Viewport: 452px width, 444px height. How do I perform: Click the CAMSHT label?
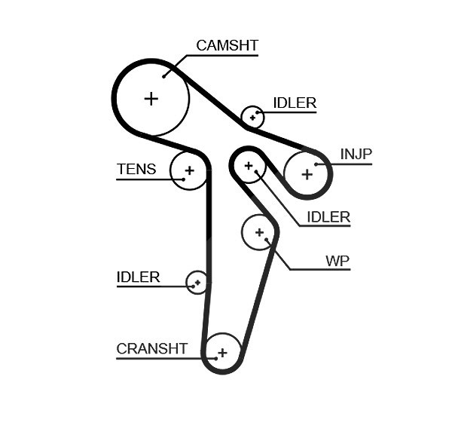point(228,45)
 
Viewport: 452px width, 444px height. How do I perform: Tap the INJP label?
point(356,154)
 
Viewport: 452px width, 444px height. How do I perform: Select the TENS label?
point(136,169)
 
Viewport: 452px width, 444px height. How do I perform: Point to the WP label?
point(337,261)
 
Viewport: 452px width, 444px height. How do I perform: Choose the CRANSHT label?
point(152,349)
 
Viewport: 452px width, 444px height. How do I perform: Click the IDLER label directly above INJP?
point(295,103)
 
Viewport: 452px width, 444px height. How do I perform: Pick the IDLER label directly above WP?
point(328,217)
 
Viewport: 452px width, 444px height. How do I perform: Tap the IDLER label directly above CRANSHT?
point(138,277)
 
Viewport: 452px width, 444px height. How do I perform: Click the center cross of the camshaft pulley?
point(151,99)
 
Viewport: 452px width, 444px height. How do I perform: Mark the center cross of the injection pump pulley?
point(307,175)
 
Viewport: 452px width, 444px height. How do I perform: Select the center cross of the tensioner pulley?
point(189,171)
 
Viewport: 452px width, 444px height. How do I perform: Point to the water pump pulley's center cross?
point(259,232)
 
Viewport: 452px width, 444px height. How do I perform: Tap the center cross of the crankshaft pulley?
point(222,353)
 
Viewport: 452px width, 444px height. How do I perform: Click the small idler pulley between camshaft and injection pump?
point(252,117)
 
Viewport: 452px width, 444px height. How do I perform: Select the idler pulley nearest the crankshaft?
point(197,282)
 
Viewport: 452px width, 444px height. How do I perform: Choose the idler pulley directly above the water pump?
point(249,166)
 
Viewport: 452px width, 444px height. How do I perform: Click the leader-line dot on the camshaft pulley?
point(163,76)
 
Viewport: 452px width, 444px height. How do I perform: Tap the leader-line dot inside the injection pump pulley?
point(316,164)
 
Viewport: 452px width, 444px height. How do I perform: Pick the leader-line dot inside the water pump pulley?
point(266,240)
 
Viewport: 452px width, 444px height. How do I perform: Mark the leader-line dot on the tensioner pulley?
point(184,179)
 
